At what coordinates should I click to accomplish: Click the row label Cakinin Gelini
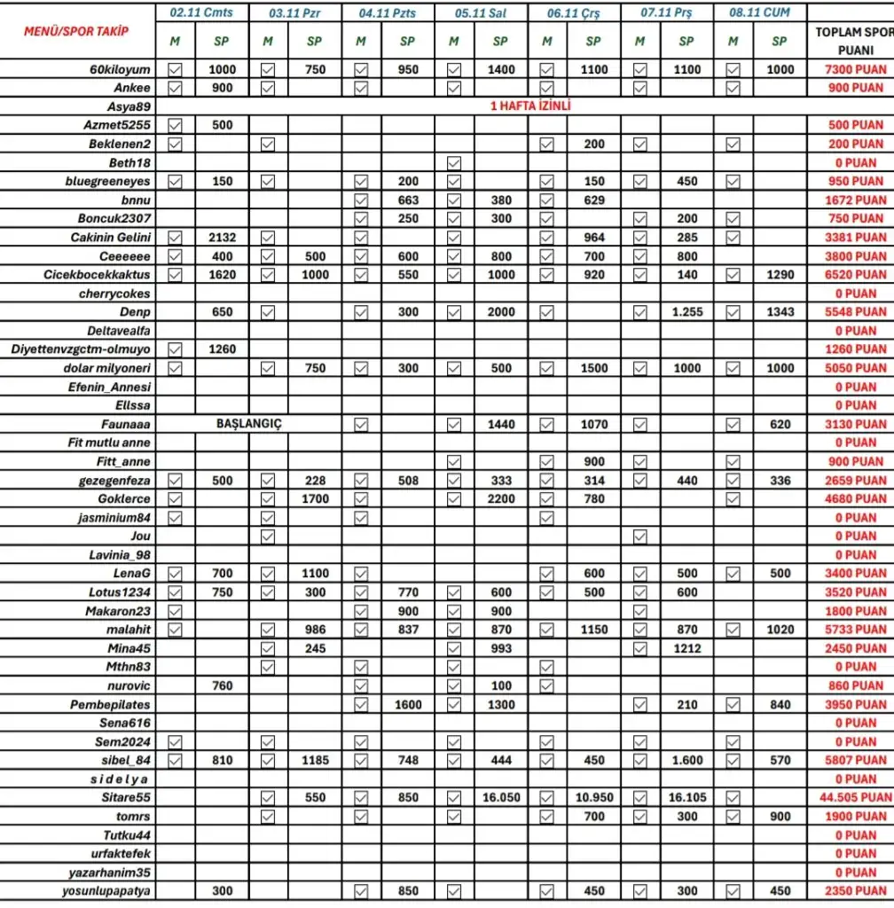point(111,238)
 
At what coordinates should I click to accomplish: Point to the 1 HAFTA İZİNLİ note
point(530,106)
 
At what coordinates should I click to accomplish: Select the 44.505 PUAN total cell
point(855,798)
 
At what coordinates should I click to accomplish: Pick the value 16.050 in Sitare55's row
point(500,798)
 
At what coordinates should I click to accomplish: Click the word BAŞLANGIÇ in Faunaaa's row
point(248,425)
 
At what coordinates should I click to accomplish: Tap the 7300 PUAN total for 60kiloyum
point(855,70)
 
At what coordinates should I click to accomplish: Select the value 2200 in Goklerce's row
point(500,499)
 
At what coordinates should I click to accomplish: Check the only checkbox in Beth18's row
point(454,163)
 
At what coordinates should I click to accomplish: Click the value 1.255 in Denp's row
point(686,312)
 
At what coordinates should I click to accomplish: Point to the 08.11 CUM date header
point(758,13)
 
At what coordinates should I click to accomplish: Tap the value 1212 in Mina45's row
point(686,649)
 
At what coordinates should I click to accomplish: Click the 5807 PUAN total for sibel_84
point(855,761)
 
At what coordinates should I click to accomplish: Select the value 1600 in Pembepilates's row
point(407,705)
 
